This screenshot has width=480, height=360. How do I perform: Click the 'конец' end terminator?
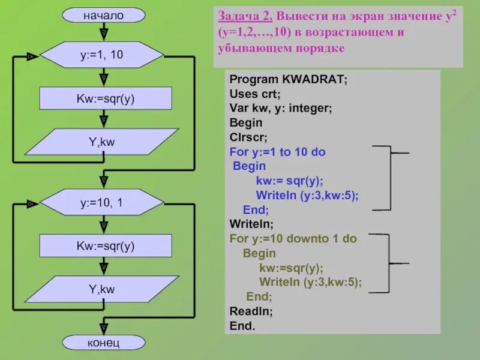(x=104, y=343)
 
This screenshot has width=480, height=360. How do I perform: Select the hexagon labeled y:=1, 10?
(x=102, y=55)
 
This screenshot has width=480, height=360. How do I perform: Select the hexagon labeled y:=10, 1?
(x=102, y=203)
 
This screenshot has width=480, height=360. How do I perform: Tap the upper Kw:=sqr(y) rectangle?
(x=106, y=98)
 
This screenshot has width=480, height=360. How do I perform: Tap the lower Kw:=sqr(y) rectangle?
(x=106, y=245)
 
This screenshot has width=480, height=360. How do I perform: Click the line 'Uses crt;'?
(x=254, y=94)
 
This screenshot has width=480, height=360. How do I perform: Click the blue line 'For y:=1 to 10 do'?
(x=277, y=152)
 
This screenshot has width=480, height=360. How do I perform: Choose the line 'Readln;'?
(x=251, y=312)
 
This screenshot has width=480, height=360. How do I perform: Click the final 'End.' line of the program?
(x=242, y=326)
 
